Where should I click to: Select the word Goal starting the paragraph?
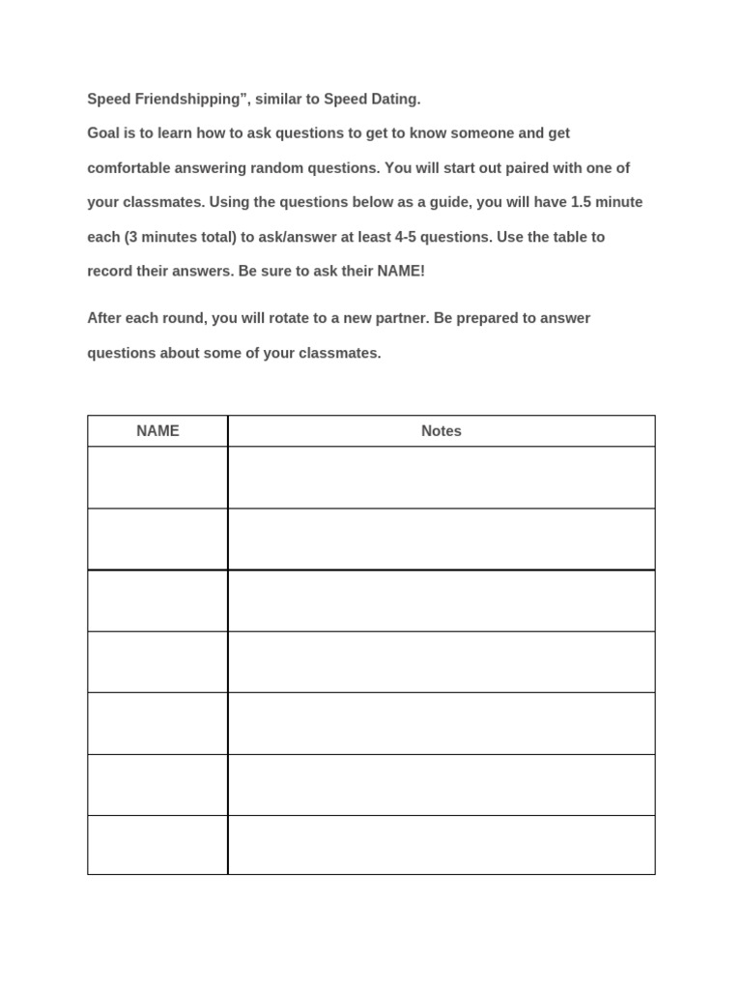click(x=103, y=133)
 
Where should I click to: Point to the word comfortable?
click(x=128, y=168)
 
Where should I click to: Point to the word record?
click(x=109, y=272)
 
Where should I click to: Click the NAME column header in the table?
click(x=157, y=431)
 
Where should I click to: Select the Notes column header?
click(x=442, y=431)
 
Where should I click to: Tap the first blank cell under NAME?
click(x=157, y=478)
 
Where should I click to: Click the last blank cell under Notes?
click(x=442, y=845)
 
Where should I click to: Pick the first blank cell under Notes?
click(x=442, y=478)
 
